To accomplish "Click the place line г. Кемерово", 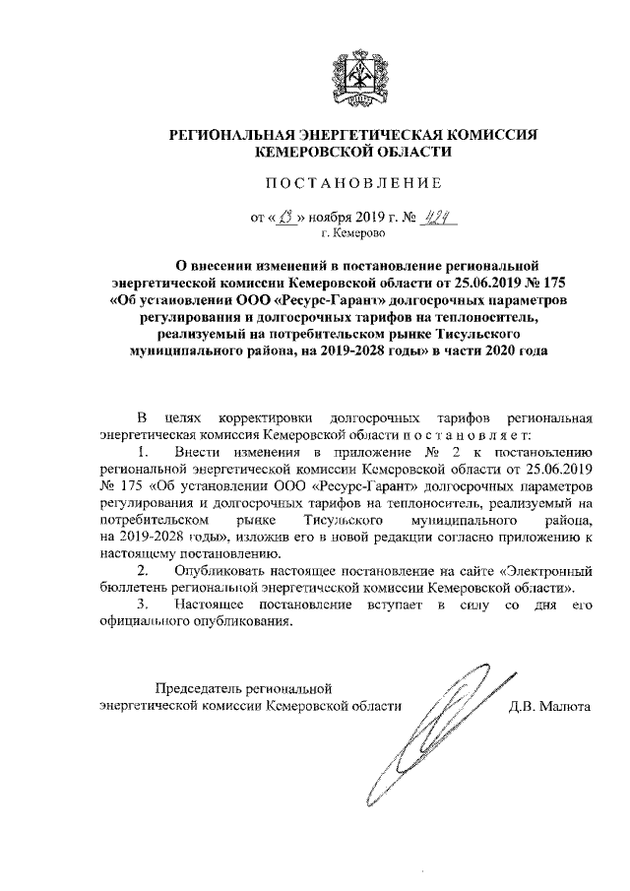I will coord(353,234).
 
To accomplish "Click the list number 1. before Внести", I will coord(144,452).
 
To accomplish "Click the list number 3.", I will coord(144,604).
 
